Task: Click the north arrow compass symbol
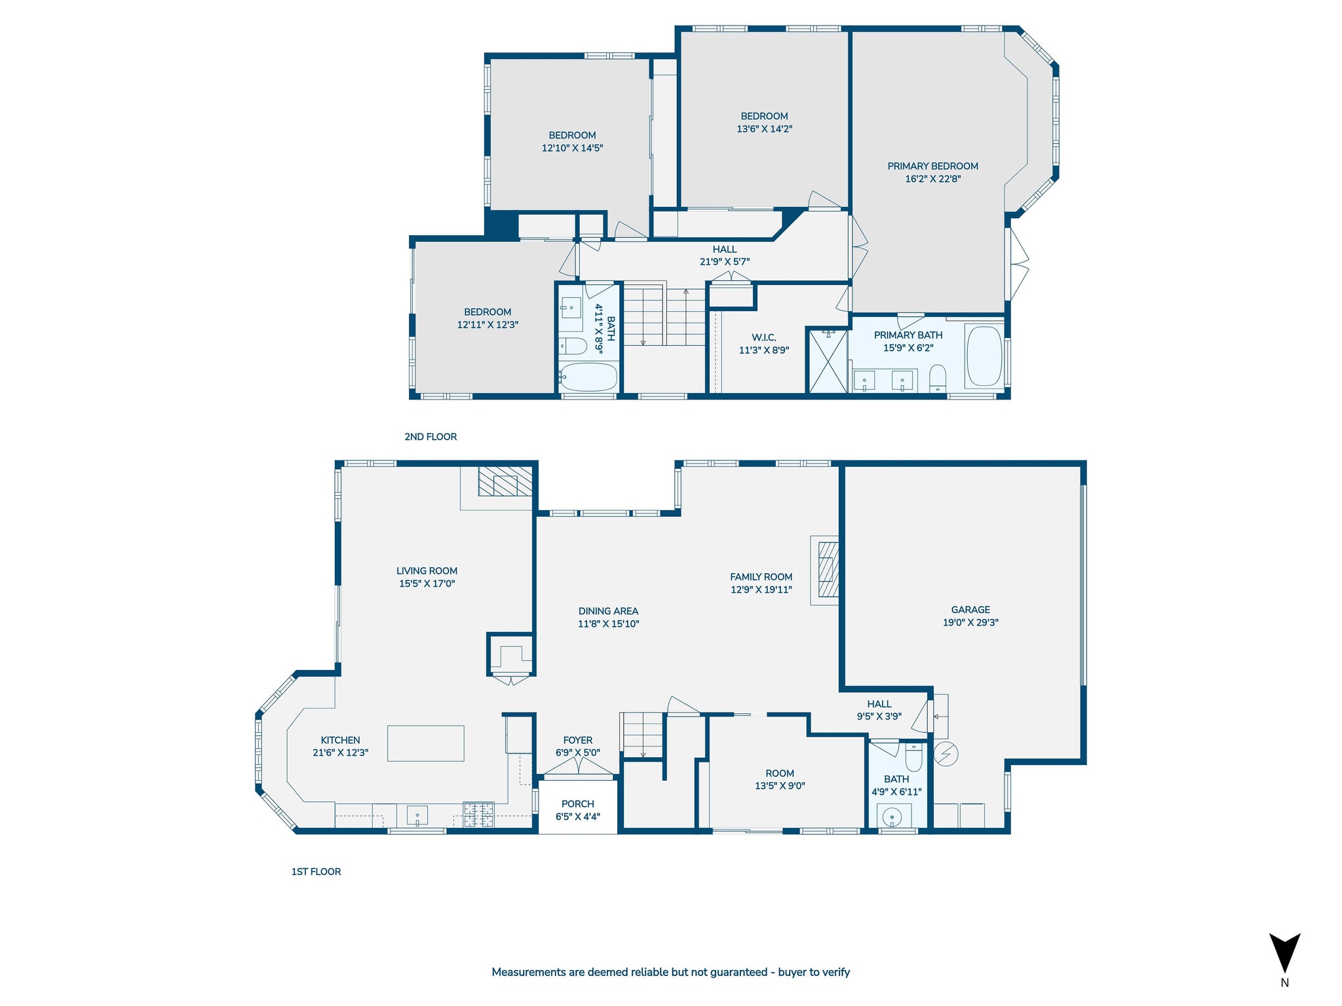pyautogui.click(x=1284, y=952)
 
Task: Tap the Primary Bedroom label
pyautogui.click(x=932, y=166)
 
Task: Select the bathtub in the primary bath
pyautogui.click(x=984, y=356)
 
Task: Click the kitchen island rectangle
pyautogui.click(x=425, y=743)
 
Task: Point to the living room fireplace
pyautogui.click(x=505, y=481)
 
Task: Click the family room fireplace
pyautogui.click(x=828, y=569)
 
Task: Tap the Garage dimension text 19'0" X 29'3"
pyautogui.click(x=970, y=622)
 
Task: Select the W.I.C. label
pyautogui.click(x=764, y=337)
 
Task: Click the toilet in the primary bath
pyautogui.click(x=938, y=379)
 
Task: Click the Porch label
pyautogui.click(x=578, y=804)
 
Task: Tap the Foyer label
pyautogui.click(x=578, y=740)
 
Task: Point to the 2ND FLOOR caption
pyautogui.click(x=431, y=436)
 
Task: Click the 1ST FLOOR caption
pyautogui.click(x=316, y=871)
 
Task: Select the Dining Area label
pyautogui.click(x=608, y=611)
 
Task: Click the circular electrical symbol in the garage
pyautogui.click(x=946, y=754)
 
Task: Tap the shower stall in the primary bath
pyautogui.click(x=828, y=362)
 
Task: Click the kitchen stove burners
pyautogui.click(x=479, y=815)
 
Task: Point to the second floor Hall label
pyautogui.click(x=725, y=249)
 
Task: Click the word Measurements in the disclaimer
pyautogui.click(x=529, y=972)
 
